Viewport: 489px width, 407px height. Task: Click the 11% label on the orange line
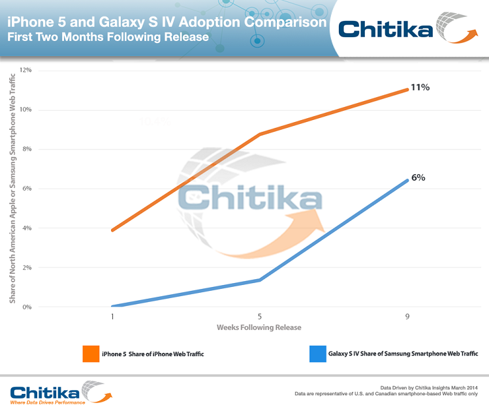[x=419, y=87]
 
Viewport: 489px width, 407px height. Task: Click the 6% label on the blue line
[x=418, y=177]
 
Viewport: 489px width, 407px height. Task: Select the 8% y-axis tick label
[x=27, y=149]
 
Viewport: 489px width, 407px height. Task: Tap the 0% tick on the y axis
[x=27, y=307]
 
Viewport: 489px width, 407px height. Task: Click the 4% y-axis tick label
[x=27, y=228]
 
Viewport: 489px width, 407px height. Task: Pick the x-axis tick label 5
[x=260, y=315]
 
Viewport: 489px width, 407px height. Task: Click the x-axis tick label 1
[x=113, y=315]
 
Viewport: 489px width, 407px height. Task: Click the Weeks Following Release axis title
[x=259, y=327]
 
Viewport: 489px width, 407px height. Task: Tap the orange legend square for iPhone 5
[x=90, y=354]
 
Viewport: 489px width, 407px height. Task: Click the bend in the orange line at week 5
[x=260, y=134]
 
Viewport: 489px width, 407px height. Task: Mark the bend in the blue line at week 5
[x=260, y=280]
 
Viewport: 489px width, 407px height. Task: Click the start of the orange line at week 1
[x=113, y=230]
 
